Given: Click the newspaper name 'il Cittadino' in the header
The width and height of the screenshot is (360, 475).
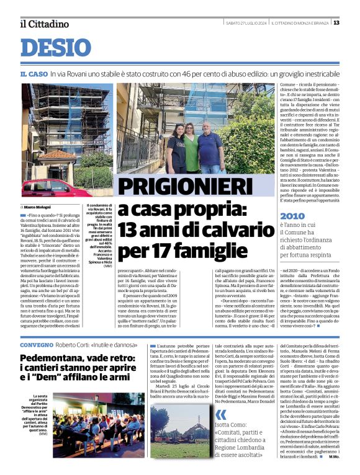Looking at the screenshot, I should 43,24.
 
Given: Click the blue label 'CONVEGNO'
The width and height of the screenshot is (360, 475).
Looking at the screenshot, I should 37,344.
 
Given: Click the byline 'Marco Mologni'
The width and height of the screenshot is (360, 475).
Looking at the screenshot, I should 38,206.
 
